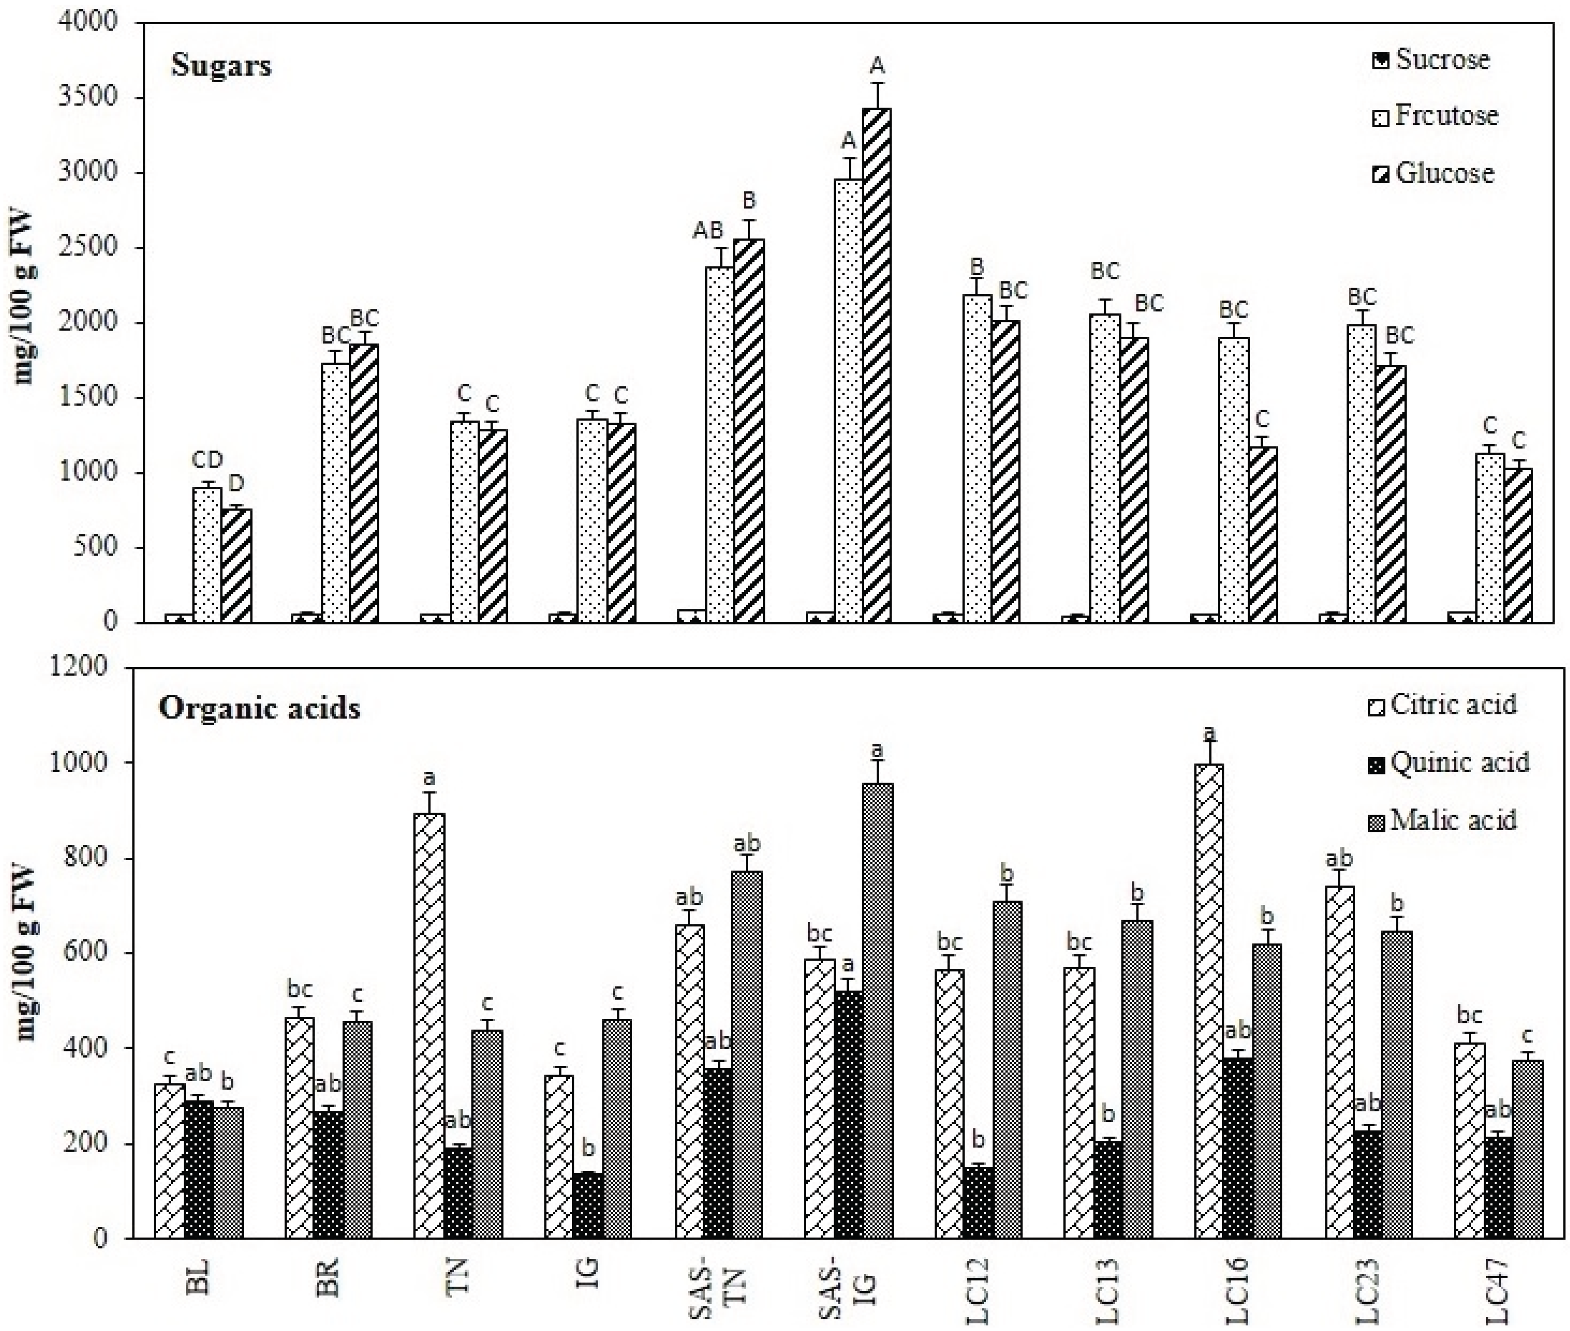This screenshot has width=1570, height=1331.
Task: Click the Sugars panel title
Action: pyautogui.click(x=221, y=66)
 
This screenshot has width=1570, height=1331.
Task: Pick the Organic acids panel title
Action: pyautogui.click(x=260, y=709)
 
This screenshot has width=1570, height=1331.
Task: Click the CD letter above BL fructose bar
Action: pyautogui.click(x=207, y=459)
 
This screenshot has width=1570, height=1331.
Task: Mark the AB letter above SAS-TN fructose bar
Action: pyautogui.click(x=708, y=231)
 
